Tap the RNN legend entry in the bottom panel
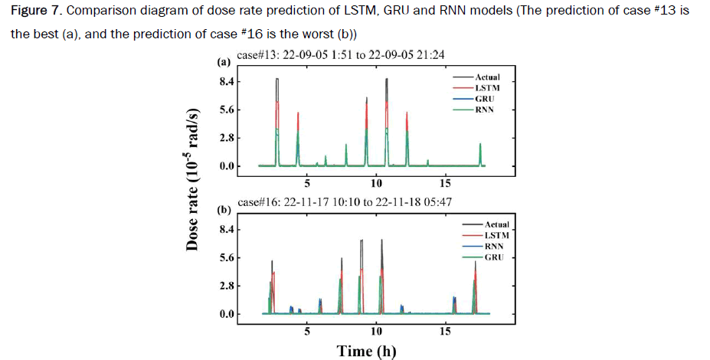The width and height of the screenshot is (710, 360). (x=495, y=247)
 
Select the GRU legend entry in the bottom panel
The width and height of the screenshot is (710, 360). (x=495, y=258)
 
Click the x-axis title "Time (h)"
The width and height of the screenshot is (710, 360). (x=367, y=351)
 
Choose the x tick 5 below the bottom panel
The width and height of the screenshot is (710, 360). (x=306, y=331)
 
